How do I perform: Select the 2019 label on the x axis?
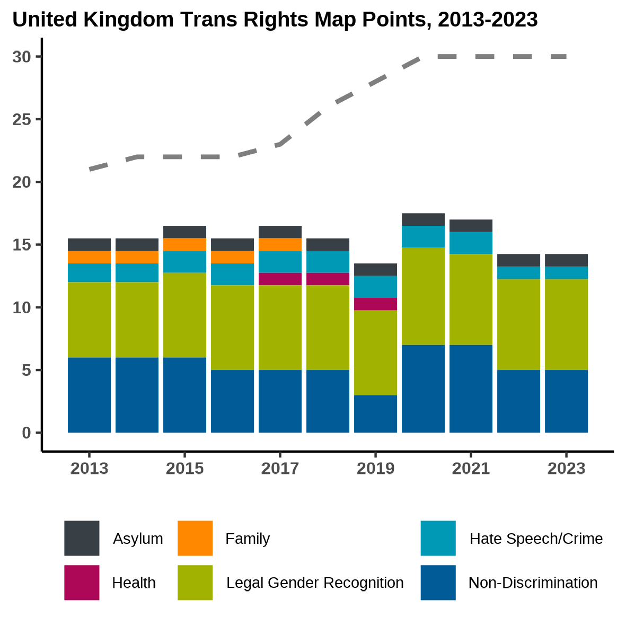click(375, 469)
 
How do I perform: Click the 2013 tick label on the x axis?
click(89, 469)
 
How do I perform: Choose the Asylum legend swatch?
click(82, 538)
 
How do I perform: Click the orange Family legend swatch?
click(195, 538)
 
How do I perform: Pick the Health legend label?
click(134, 583)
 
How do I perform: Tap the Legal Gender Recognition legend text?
click(315, 583)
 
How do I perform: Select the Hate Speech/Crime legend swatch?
click(438, 538)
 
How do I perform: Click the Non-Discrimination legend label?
click(533, 583)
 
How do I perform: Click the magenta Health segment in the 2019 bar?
click(375, 304)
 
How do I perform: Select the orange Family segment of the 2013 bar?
click(89, 257)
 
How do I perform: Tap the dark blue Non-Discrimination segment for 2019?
click(375, 413)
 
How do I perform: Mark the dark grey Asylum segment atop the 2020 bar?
click(423, 219)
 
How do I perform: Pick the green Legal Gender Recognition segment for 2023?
click(566, 324)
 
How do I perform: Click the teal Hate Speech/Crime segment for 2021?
click(471, 243)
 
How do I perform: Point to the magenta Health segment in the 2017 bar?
click(280, 279)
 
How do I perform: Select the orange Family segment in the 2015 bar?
click(184, 244)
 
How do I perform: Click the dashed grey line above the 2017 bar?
click(280, 144)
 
